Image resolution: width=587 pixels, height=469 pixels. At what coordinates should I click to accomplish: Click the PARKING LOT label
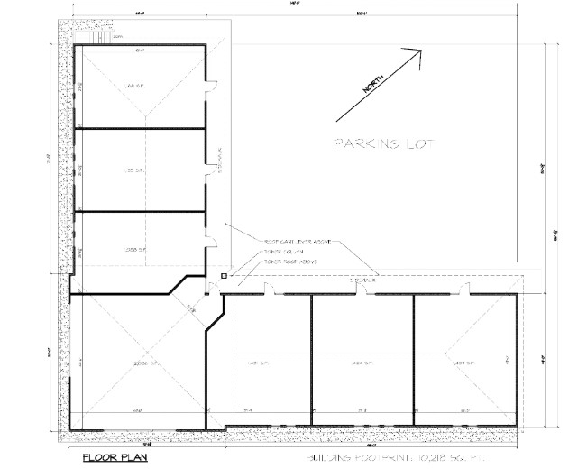[383, 143]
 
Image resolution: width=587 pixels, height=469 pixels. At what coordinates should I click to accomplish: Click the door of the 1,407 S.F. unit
[463, 289]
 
